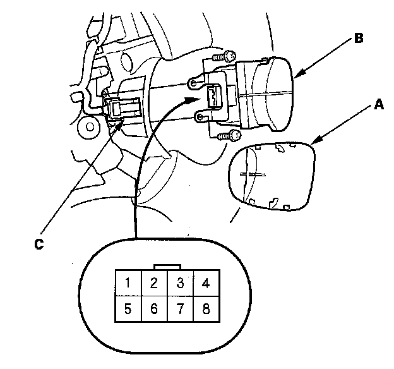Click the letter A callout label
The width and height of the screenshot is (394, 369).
tap(379, 104)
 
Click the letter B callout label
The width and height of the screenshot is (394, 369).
tap(359, 39)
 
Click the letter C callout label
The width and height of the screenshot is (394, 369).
tap(39, 244)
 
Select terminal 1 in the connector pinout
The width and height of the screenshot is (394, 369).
tap(128, 282)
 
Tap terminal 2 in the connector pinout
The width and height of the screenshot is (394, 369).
tap(154, 282)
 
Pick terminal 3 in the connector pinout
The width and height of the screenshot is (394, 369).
tap(180, 282)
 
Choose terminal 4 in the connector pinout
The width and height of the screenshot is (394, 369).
tap(206, 282)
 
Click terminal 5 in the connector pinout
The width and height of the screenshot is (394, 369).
tap(128, 309)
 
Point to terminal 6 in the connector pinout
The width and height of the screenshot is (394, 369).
tap(154, 309)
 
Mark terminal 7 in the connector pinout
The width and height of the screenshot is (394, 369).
tap(180, 309)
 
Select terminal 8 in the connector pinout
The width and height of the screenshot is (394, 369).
tap(206, 309)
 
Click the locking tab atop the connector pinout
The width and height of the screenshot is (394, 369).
tap(167, 267)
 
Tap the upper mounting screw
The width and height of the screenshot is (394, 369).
tap(224, 56)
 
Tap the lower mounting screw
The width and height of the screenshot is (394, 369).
tap(229, 136)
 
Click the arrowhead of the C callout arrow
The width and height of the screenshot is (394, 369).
tap(117, 125)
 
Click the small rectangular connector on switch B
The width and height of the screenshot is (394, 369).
tap(214, 97)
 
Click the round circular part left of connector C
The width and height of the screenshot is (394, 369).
tap(90, 127)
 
